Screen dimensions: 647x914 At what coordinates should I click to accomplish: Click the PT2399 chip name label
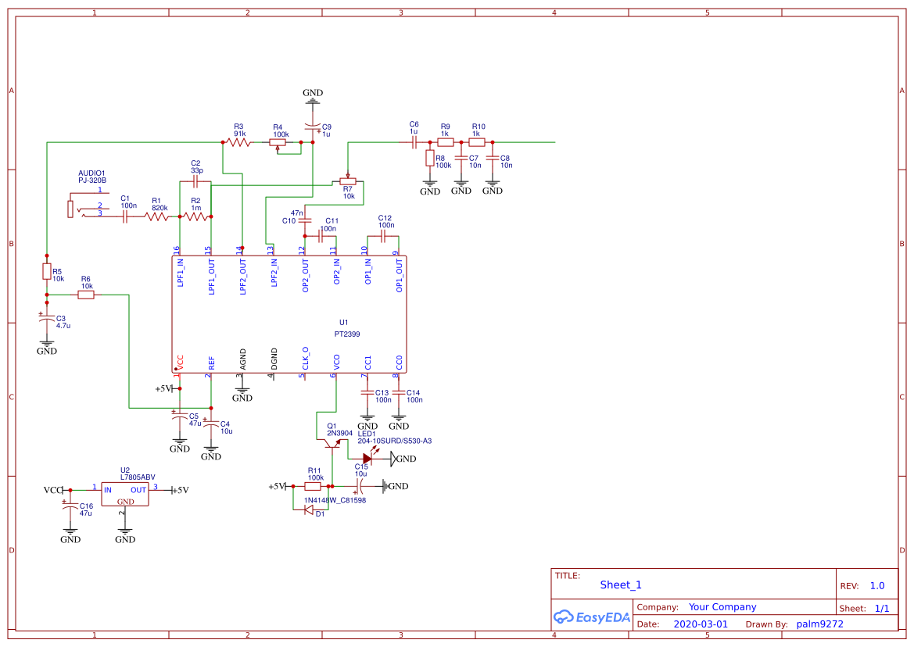(347, 334)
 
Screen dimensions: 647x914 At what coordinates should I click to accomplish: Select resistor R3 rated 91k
(238, 142)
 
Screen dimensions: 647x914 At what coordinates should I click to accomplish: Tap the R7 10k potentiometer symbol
(348, 181)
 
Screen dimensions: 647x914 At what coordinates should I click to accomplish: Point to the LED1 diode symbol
(367, 459)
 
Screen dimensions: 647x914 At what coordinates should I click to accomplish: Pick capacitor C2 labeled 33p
(195, 183)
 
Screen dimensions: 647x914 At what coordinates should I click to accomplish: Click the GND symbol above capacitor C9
(313, 96)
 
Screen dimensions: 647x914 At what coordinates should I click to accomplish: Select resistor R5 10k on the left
(47, 272)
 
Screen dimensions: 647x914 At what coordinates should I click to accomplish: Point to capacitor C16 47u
(67, 508)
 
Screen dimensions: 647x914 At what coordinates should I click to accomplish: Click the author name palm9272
(819, 624)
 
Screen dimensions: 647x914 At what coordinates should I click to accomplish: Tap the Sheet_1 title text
(621, 584)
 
